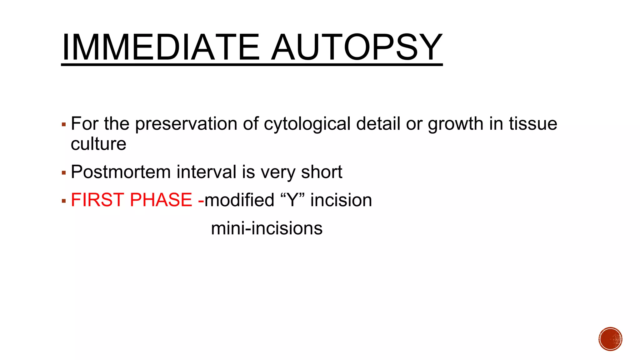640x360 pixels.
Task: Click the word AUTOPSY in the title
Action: click(357, 47)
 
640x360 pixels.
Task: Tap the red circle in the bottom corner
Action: click(610, 339)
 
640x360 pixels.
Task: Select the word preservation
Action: click(186, 124)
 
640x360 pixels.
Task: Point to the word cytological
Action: click(307, 124)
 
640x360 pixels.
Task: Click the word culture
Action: click(98, 144)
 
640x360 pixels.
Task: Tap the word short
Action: click(322, 172)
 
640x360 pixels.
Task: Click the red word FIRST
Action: click(98, 200)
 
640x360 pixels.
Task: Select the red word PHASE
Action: click(161, 200)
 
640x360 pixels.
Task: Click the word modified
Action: click(239, 200)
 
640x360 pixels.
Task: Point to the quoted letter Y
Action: click(293, 200)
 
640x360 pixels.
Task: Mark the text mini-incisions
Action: click(267, 228)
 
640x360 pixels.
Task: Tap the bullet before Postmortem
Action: click(64, 173)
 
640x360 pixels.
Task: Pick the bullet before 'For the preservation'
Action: click(64, 125)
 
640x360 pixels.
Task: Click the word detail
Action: click(378, 124)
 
